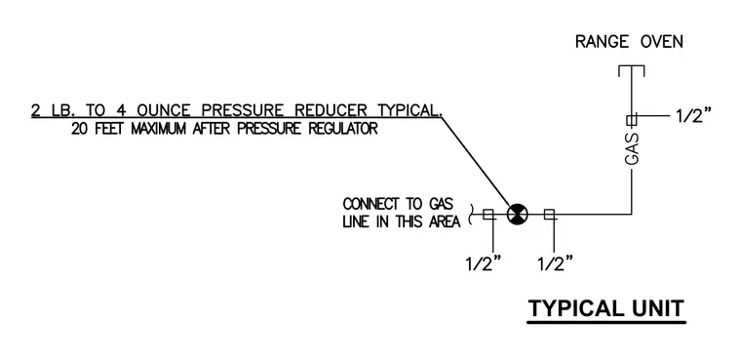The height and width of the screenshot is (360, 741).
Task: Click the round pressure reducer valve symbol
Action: click(517, 215)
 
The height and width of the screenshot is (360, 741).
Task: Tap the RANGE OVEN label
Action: click(629, 42)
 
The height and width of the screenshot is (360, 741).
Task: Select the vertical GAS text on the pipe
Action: click(632, 149)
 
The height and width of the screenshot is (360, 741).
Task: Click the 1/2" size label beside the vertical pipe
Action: click(693, 115)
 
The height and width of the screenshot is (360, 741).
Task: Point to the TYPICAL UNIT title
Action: click(606, 308)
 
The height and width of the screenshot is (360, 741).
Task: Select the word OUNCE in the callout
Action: click(164, 110)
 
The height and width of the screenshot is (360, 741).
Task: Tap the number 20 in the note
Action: click(79, 129)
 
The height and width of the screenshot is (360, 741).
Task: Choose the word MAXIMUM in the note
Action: click(158, 129)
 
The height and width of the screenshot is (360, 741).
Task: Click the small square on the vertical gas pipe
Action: click(632, 120)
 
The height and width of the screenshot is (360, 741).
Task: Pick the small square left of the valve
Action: click(488, 215)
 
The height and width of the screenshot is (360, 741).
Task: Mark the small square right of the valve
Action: click(549, 215)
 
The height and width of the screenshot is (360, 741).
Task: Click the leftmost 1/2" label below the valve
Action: click(483, 263)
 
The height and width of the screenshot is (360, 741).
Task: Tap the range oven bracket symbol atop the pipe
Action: click(632, 71)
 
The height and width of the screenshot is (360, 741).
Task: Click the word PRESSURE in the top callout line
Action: click(243, 110)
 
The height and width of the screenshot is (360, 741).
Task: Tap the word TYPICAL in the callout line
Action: click(409, 110)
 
